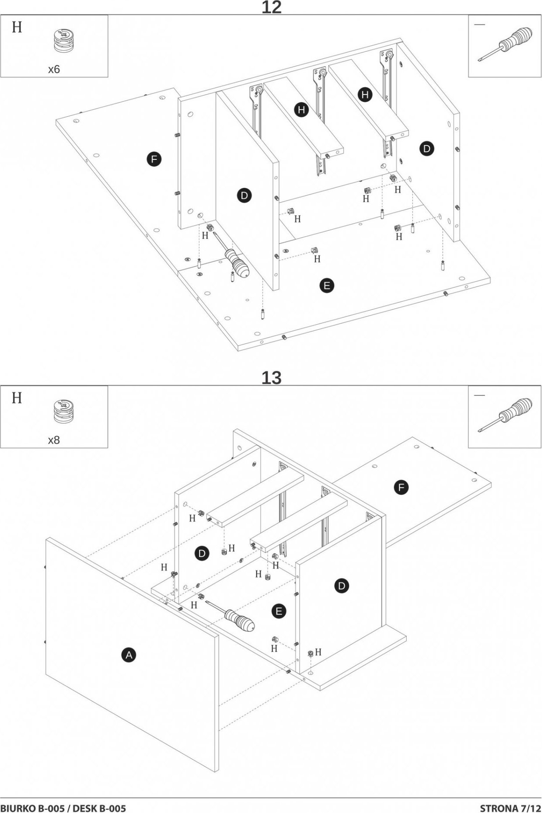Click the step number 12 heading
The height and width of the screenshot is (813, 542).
tap(271, 7)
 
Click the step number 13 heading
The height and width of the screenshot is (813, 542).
tap(271, 377)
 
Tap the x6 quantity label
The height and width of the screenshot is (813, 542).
tap(54, 69)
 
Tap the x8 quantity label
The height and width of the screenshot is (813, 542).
tap(54, 440)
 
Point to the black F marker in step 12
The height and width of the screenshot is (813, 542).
tap(154, 159)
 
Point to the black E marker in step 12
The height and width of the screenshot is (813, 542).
tap(326, 285)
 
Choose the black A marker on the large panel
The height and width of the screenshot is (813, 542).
tap(129, 654)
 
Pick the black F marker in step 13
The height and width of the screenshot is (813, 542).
tap(401, 487)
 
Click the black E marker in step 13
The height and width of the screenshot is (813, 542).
tap(279, 611)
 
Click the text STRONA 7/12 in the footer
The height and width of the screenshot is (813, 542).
tap(511, 807)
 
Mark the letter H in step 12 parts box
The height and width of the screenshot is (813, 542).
tap(17, 27)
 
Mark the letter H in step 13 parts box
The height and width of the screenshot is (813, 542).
tap(17, 398)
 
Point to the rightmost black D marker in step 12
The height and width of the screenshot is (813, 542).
tap(427, 149)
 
